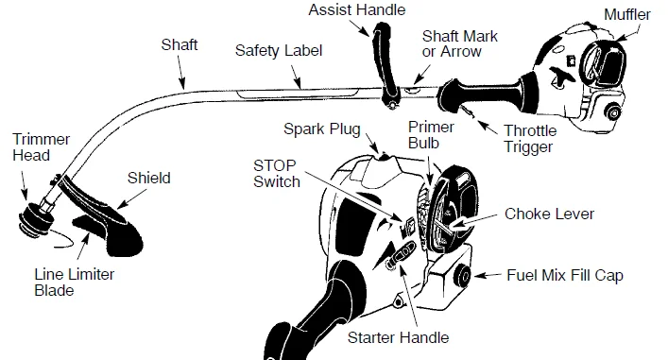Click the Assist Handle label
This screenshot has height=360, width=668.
click(x=357, y=9)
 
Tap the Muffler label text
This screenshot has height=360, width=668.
click(x=627, y=14)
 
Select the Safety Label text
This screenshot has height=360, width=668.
click(x=279, y=51)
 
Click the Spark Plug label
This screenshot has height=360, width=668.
click(x=322, y=129)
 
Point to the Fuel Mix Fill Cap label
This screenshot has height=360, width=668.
click(x=565, y=275)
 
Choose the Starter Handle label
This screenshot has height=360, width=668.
click(x=399, y=337)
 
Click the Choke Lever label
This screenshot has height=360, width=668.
click(x=549, y=214)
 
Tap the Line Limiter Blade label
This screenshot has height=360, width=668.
click(x=74, y=282)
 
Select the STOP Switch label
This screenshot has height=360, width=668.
click(x=277, y=174)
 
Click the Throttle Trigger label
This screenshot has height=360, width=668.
click(x=530, y=139)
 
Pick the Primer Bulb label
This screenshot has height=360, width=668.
click(x=431, y=134)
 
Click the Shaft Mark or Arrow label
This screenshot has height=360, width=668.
click(x=460, y=43)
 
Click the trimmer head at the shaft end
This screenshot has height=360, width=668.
click(x=36, y=218)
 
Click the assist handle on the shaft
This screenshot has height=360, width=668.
click(x=384, y=64)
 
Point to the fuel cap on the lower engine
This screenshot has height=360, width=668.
click(x=463, y=276)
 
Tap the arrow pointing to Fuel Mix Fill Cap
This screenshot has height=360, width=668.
click(x=488, y=276)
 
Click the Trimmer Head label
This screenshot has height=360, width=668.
click(x=41, y=147)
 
